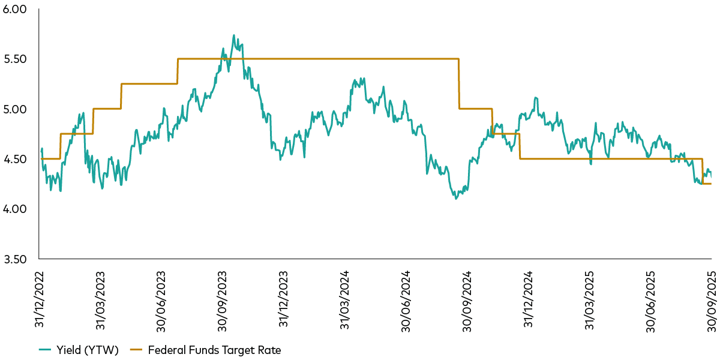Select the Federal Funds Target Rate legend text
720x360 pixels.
click(214, 349)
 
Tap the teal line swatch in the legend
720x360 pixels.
click(47, 349)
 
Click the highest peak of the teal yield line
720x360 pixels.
click(233, 35)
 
